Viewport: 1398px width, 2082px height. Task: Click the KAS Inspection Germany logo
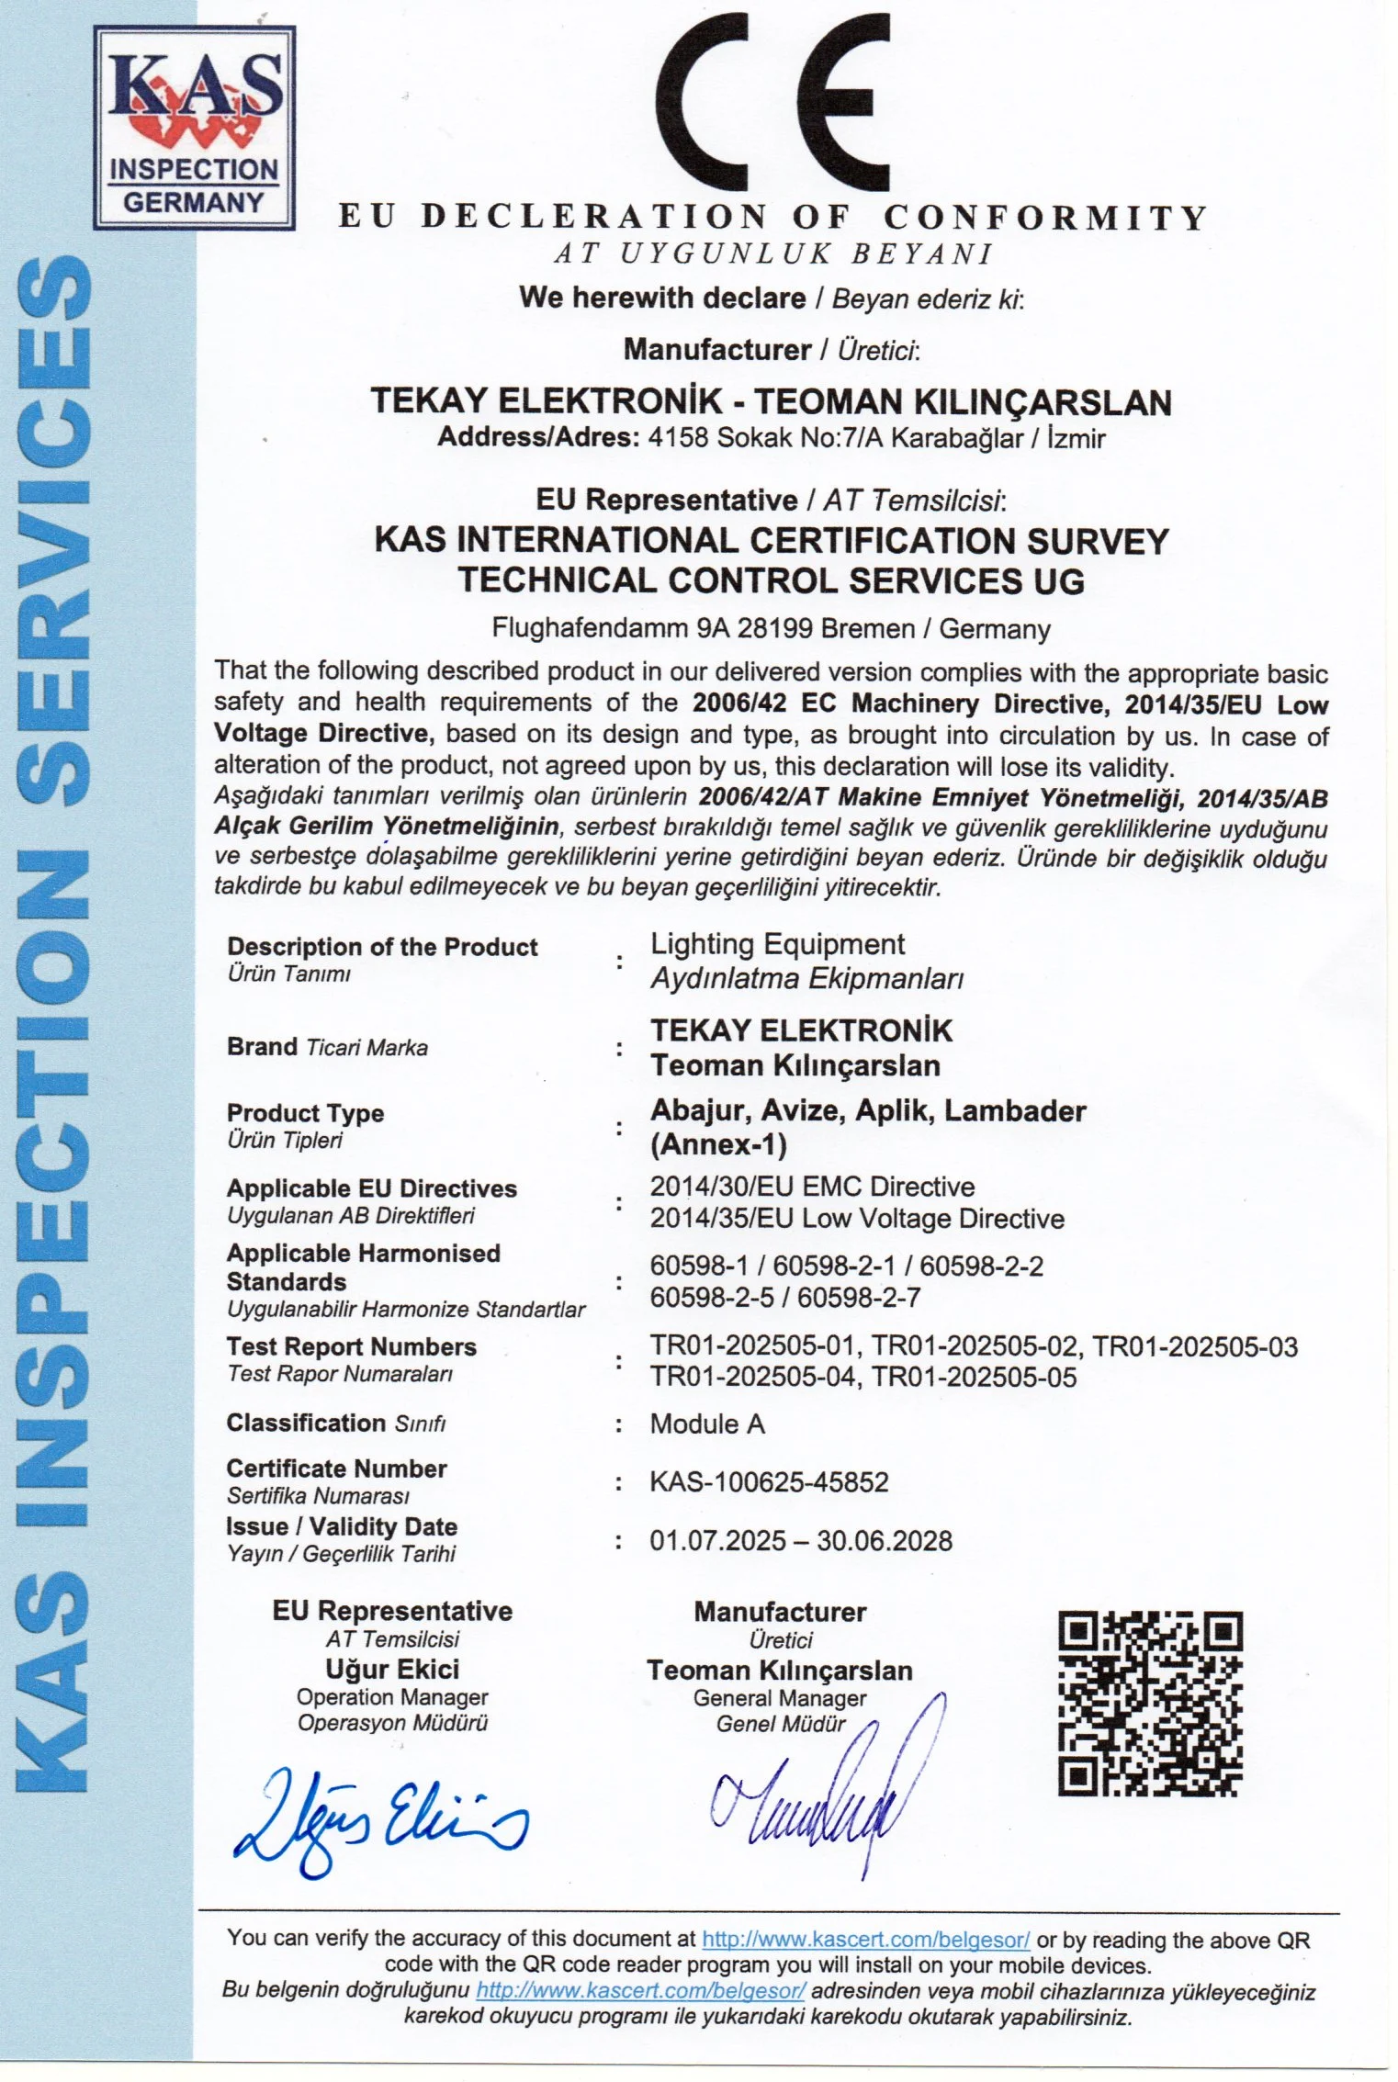click(x=194, y=128)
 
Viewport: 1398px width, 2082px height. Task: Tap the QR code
click(x=1149, y=1703)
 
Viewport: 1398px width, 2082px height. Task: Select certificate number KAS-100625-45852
click(x=769, y=1482)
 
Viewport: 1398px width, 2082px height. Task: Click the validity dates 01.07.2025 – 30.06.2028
click(x=800, y=1540)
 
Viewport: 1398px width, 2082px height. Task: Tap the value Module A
click(x=706, y=1424)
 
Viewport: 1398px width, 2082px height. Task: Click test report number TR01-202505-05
click(x=974, y=1377)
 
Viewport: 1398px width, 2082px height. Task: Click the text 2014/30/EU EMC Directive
click(x=812, y=1187)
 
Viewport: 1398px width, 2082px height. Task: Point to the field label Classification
click(x=306, y=1423)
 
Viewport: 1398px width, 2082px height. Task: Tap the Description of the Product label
click(x=382, y=947)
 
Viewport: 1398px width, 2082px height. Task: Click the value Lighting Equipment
click(x=777, y=944)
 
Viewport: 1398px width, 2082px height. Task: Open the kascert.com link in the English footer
click(x=865, y=1940)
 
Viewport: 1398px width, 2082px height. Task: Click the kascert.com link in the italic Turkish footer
click(x=640, y=1992)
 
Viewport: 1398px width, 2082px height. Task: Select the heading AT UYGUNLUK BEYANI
click(x=772, y=253)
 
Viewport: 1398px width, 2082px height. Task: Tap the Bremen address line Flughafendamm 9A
click(x=771, y=629)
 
